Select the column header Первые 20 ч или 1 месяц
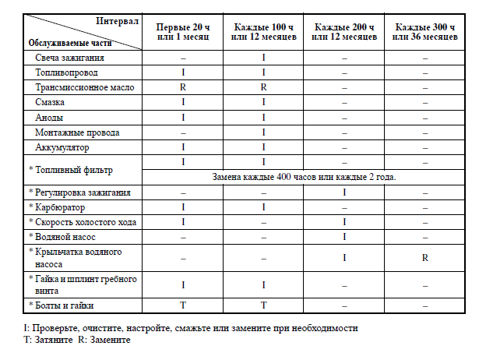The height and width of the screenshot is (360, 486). coord(183,32)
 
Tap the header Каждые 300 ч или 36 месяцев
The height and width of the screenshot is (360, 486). coord(425,32)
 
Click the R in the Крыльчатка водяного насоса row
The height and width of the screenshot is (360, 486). coord(425,258)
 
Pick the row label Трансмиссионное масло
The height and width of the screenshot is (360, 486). coord(85,87)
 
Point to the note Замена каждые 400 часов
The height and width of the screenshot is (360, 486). coord(305,176)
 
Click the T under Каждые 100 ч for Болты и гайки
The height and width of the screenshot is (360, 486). coord(264,305)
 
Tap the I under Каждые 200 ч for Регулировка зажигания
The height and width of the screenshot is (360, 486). coord(344,192)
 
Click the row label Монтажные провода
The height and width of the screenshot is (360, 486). coord(77,132)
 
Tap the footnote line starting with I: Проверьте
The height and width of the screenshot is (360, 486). coord(192,327)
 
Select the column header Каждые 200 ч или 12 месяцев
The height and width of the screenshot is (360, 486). coord(344,32)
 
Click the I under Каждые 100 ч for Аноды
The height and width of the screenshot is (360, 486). coord(264,117)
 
